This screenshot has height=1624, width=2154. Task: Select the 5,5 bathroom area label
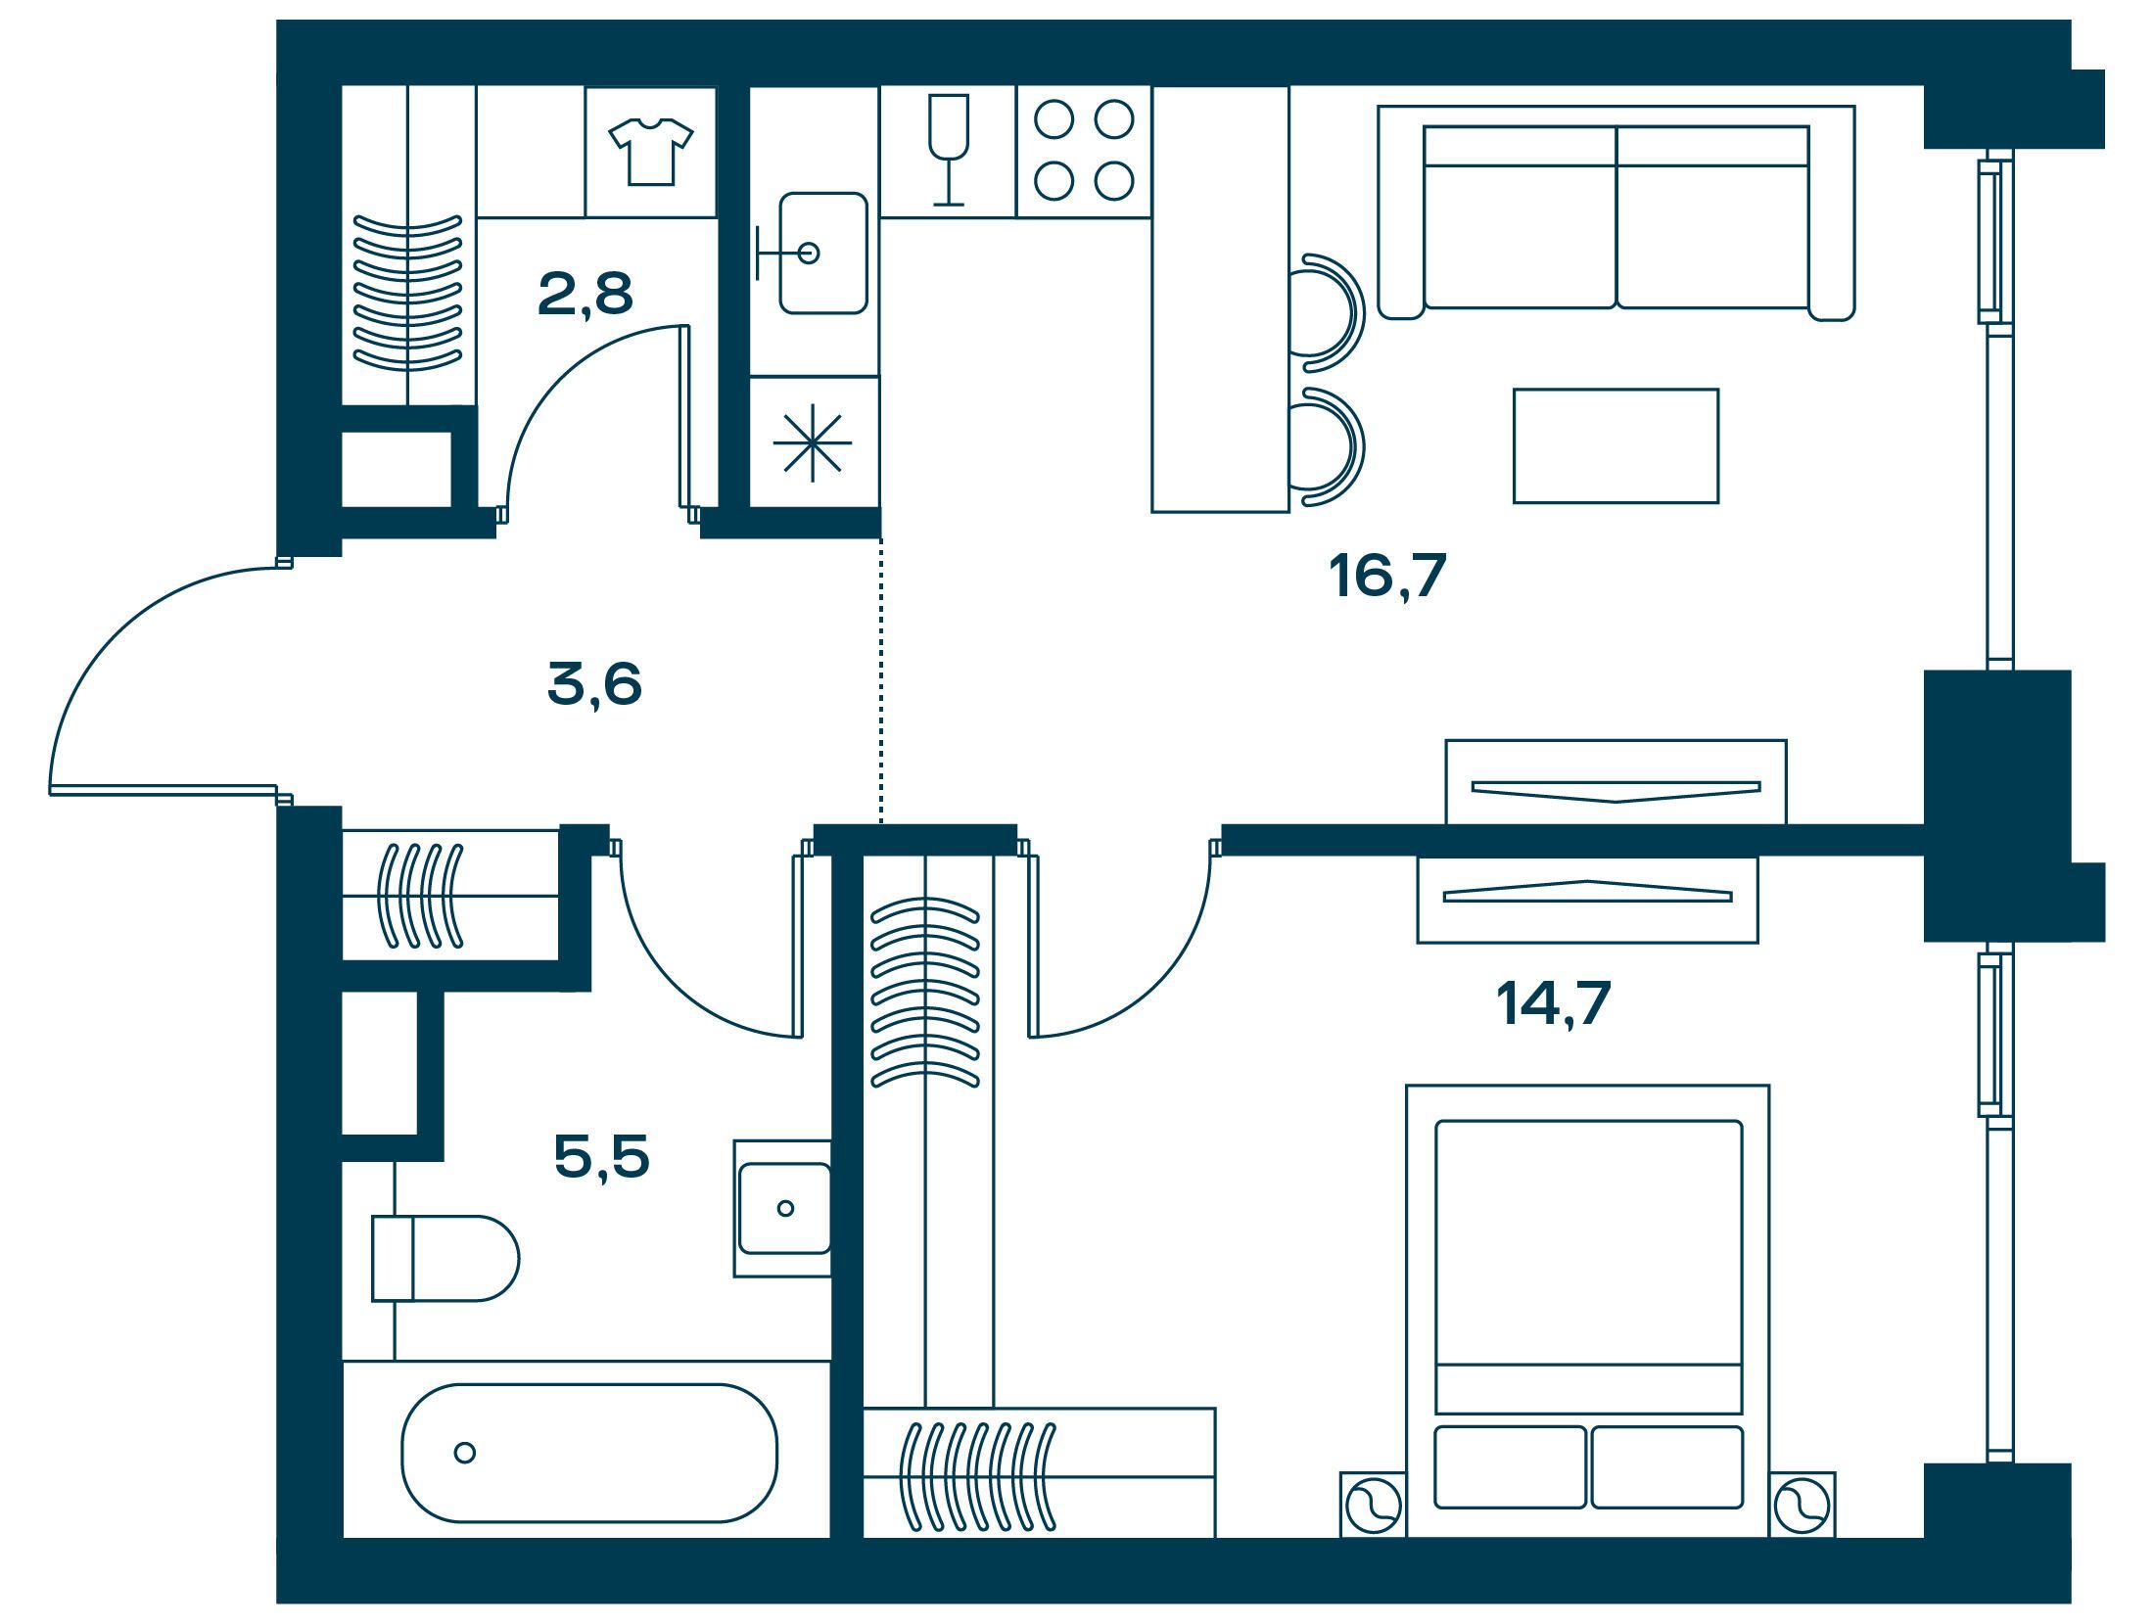[601, 1157]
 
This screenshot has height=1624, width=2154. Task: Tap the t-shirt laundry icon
[651, 152]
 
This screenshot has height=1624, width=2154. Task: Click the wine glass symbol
[948, 150]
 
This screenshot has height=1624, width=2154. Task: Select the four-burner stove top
[1084, 151]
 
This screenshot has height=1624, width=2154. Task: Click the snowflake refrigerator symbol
[813, 442]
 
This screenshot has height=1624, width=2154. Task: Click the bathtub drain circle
[465, 1453]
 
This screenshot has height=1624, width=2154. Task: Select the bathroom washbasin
[783, 1208]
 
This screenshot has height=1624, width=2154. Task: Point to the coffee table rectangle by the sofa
[1615, 445]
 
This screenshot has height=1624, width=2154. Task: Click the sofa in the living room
[1616, 212]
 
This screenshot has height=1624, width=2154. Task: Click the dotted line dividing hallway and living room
[881, 680]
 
